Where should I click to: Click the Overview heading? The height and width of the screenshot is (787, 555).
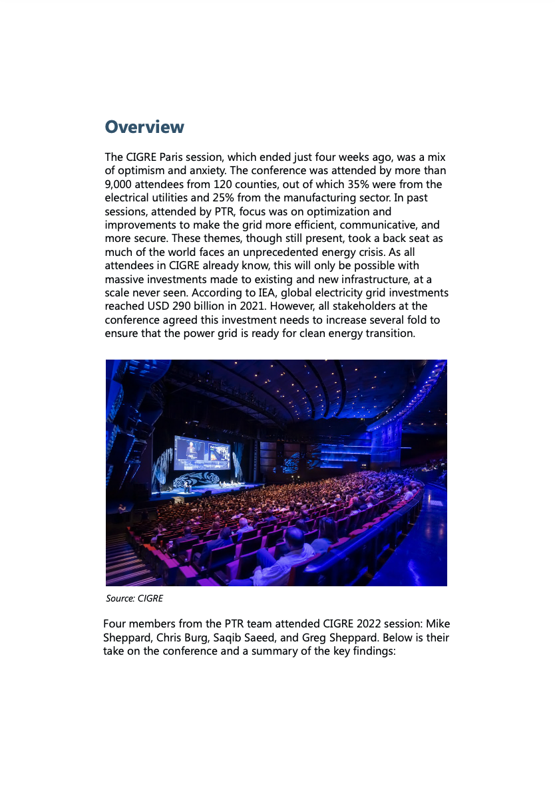[144, 127]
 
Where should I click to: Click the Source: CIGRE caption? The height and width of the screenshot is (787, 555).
[134, 598]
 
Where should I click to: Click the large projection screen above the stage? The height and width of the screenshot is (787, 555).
[202, 452]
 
